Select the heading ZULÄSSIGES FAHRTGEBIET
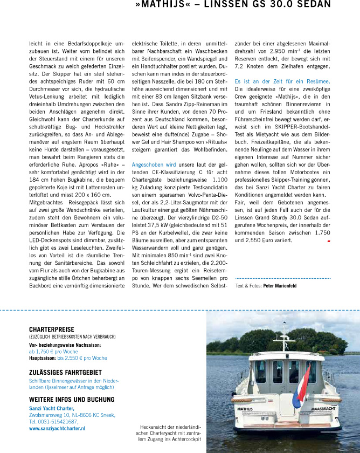coord(64,372)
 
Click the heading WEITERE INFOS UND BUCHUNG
coord(72,400)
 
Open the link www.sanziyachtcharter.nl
coord(57,428)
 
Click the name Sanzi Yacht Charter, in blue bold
coord(52,408)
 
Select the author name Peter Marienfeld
coord(280,285)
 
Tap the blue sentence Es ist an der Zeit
coord(282,81)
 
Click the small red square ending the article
coord(328,241)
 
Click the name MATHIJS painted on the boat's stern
coord(246,409)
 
